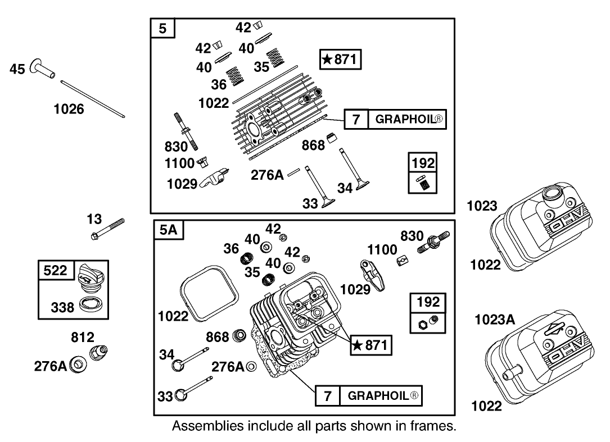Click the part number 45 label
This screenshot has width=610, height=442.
(17, 70)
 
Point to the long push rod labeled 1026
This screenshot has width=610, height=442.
(93, 99)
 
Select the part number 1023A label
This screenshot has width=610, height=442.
(495, 320)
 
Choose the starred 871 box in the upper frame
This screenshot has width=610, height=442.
(340, 60)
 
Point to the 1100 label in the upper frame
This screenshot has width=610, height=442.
(180, 163)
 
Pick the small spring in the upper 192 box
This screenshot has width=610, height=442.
(423, 183)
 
